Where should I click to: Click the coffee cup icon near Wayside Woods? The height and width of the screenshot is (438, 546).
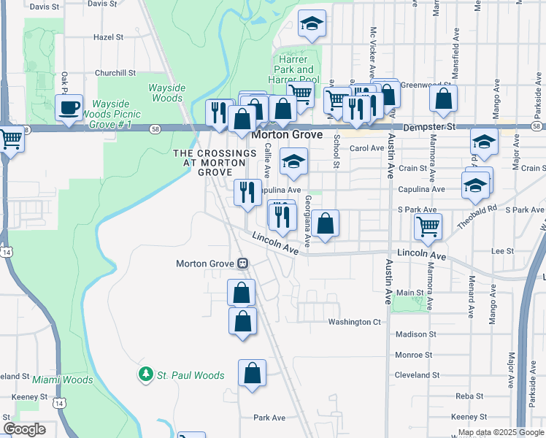point(69,109)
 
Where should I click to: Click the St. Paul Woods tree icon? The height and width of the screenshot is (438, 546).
point(146,375)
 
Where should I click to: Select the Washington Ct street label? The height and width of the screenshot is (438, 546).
point(355,322)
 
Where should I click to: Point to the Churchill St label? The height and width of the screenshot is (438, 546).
point(116,73)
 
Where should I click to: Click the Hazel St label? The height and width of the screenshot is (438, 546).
point(109,36)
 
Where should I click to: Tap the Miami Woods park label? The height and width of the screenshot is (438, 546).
point(62,380)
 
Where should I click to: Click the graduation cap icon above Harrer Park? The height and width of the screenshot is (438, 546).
point(312,24)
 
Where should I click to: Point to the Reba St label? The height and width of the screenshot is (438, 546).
point(465,396)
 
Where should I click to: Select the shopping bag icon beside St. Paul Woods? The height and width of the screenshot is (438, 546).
point(252,373)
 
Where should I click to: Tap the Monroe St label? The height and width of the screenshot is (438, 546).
point(415,355)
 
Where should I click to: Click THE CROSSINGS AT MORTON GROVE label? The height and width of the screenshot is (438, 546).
point(215,163)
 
